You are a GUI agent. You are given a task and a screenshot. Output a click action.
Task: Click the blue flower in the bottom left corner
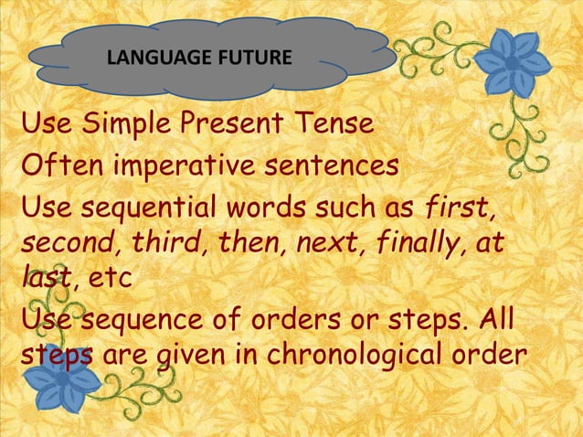point(65,381)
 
